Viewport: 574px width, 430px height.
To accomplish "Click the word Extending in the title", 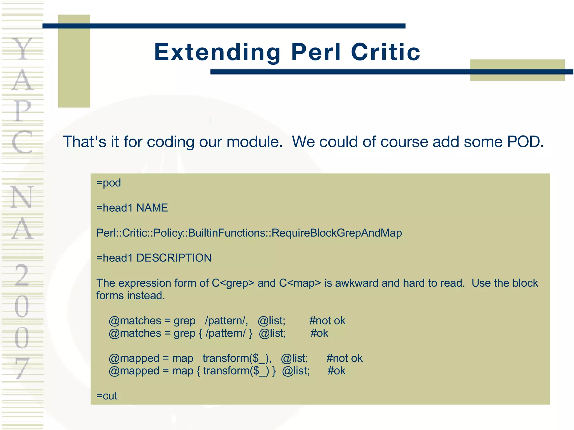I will pos(217,53).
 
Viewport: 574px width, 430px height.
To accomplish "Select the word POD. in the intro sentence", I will pos(526,142).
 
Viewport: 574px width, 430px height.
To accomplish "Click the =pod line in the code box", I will pos(108,183).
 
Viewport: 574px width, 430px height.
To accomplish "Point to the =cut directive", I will pos(107,396).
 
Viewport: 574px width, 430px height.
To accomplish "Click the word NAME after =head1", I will pos(152,208).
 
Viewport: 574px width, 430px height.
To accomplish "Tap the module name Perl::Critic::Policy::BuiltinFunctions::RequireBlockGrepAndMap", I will pos(249,233).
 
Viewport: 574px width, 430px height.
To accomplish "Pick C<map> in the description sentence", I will pos(300,283).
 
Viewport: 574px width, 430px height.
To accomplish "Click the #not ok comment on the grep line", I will pos(327,321).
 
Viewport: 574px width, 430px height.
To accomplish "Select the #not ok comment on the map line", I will pos(344,358).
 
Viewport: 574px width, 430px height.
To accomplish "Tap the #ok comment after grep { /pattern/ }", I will pos(319,333).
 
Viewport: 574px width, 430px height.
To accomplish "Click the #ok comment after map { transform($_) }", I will pos(336,371).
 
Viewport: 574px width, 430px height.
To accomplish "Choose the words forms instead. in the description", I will pos(131,296).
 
